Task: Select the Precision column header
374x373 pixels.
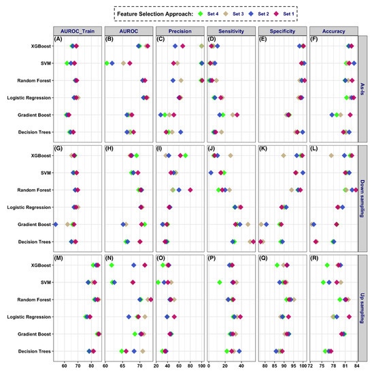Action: [x=181, y=30]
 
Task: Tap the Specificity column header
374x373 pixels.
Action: [x=283, y=30]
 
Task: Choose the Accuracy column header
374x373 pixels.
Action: [x=334, y=30]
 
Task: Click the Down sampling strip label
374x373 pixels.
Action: [x=365, y=192]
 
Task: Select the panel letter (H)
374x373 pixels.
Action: [x=109, y=148]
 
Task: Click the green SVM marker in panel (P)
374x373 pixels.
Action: [x=220, y=282]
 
